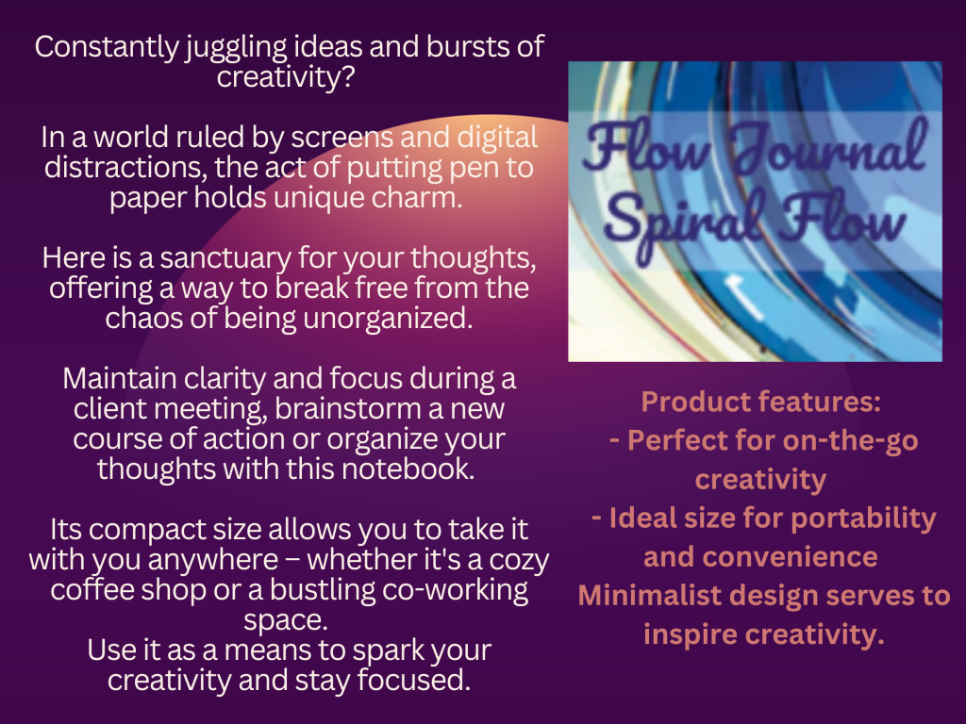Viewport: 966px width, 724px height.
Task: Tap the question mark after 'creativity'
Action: pyautogui.click(x=348, y=76)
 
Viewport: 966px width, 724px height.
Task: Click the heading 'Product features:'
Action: pyautogui.click(x=761, y=402)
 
